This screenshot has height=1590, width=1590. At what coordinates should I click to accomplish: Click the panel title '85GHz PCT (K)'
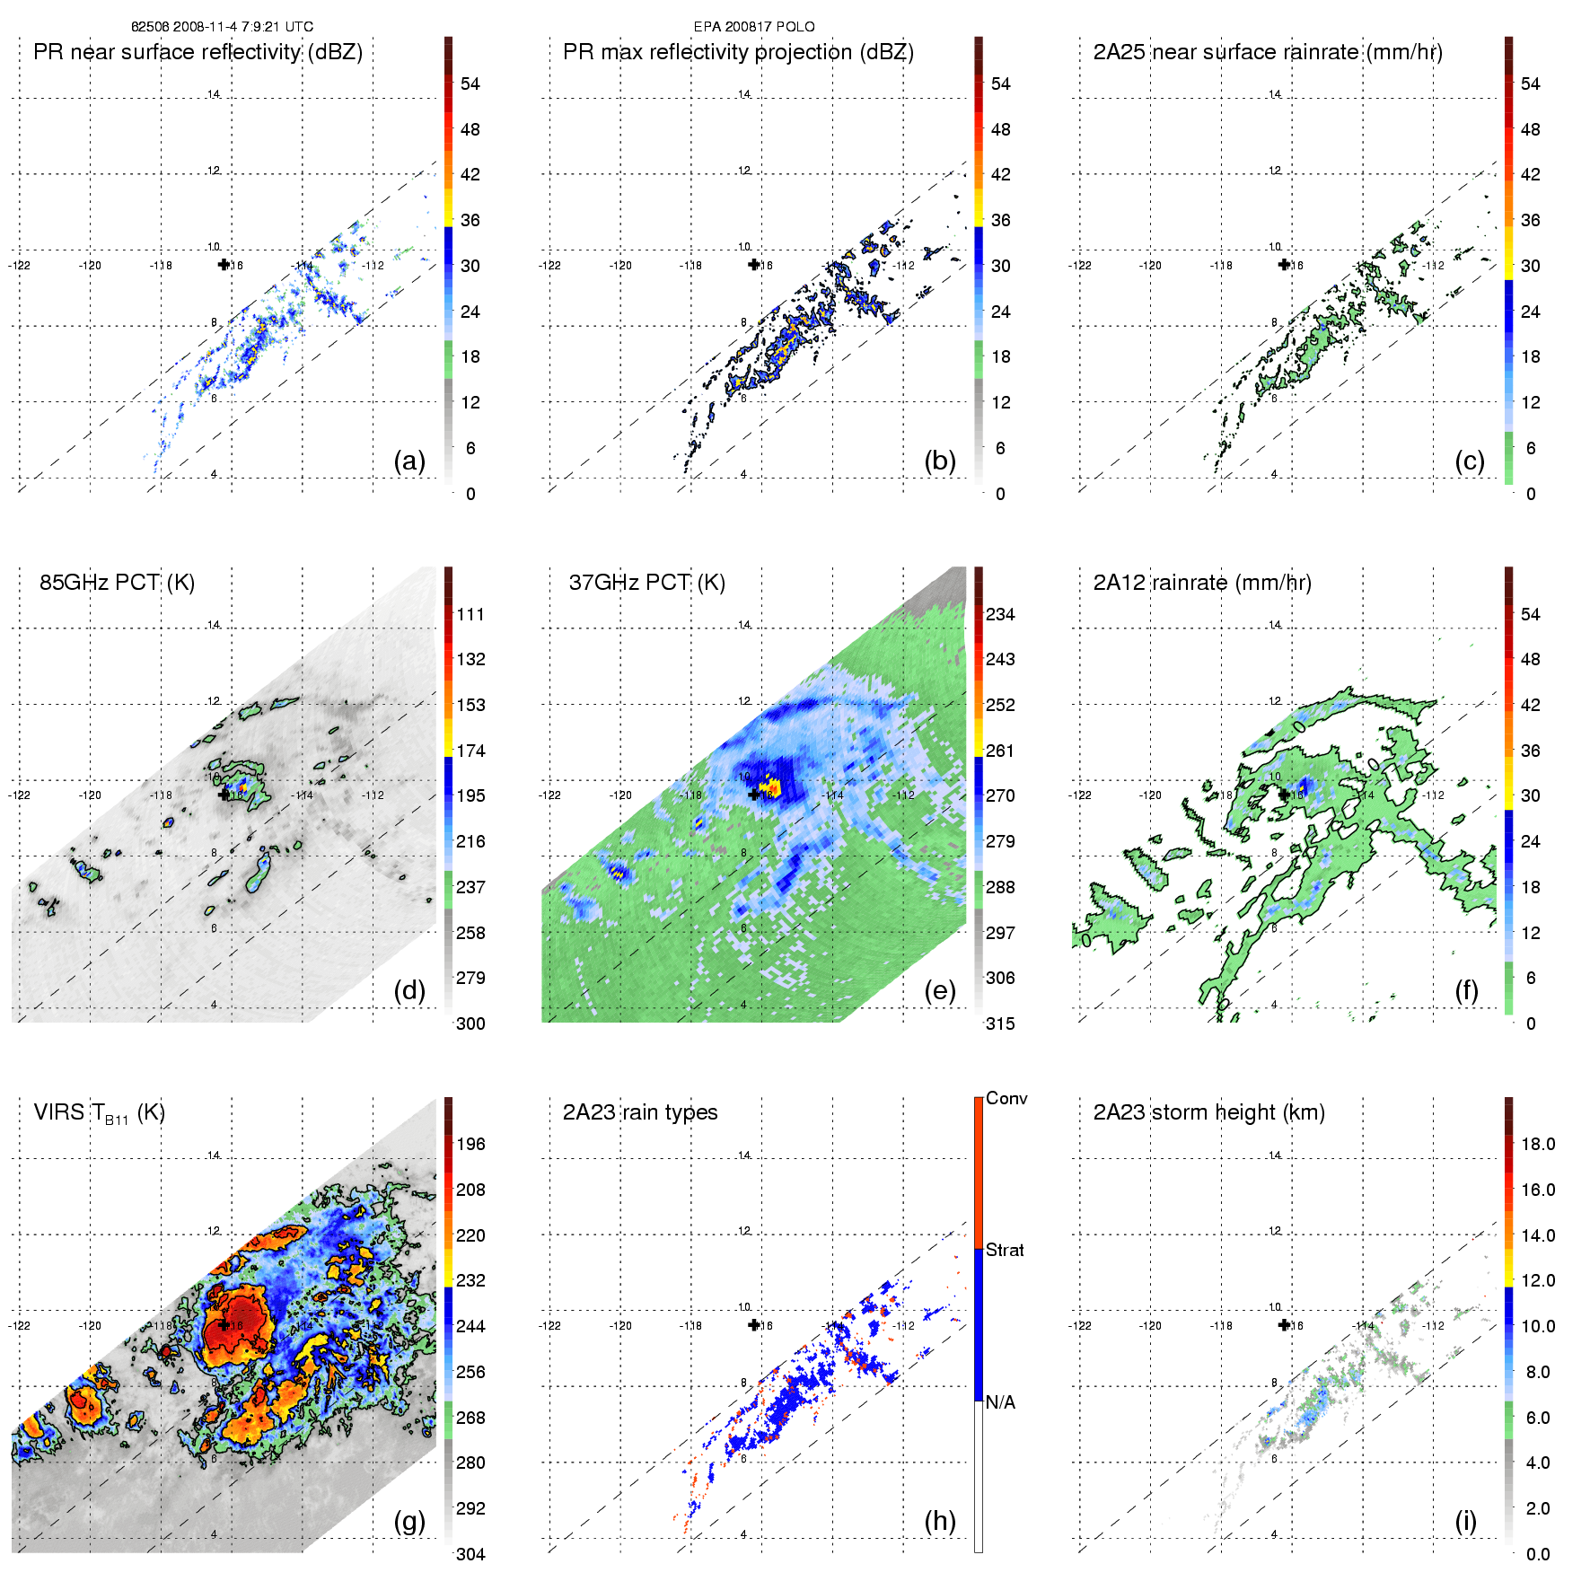click(x=117, y=583)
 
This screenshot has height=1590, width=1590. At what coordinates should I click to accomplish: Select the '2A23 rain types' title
click(x=639, y=1112)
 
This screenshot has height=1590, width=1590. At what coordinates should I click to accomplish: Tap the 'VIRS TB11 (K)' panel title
click(x=99, y=1113)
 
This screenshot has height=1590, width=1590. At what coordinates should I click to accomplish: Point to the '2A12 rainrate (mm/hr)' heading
click(x=1201, y=583)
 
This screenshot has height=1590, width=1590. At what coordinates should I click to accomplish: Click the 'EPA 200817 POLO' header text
click(x=754, y=27)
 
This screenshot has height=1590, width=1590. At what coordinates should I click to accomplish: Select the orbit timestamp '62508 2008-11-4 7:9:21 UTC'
click(x=222, y=27)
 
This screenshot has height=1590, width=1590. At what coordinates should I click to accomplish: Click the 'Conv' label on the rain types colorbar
click(x=1006, y=1099)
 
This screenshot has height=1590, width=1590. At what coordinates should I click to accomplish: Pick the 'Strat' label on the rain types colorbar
click(x=1005, y=1251)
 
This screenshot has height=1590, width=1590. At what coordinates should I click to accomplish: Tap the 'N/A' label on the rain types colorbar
click(x=1000, y=1402)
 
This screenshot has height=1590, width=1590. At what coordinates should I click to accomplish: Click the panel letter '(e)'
click(x=939, y=990)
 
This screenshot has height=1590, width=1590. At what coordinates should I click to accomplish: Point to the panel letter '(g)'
click(x=409, y=1521)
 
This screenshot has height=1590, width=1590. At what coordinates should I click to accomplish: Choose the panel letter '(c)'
click(x=1469, y=461)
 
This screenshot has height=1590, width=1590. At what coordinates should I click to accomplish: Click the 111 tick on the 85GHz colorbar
click(x=470, y=615)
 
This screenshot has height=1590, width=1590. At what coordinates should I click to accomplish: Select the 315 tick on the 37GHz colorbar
click(x=1000, y=1023)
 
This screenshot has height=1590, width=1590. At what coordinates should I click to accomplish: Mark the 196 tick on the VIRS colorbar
click(x=470, y=1145)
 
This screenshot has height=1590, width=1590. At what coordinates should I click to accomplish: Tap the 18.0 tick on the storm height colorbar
click(x=1537, y=1145)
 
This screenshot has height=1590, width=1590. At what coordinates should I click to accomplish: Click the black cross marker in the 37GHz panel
click(x=754, y=795)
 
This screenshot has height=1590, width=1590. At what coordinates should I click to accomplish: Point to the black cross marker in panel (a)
click(x=224, y=264)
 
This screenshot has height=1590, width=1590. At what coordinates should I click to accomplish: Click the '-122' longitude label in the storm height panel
click(x=1079, y=1326)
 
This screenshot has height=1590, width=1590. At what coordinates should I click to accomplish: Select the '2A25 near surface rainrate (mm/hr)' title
click(x=1267, y=52)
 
